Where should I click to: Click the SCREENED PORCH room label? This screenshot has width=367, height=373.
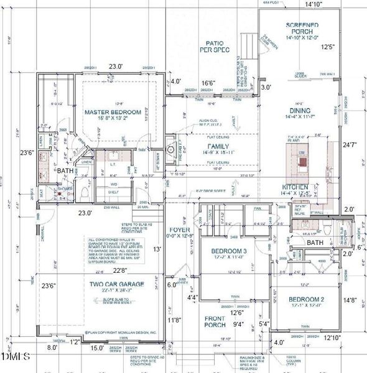[x=303, y=28]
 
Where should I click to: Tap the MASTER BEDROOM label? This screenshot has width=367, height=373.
[x=110, y=112]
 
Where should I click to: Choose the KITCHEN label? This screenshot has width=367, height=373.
[x=294, y=186]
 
